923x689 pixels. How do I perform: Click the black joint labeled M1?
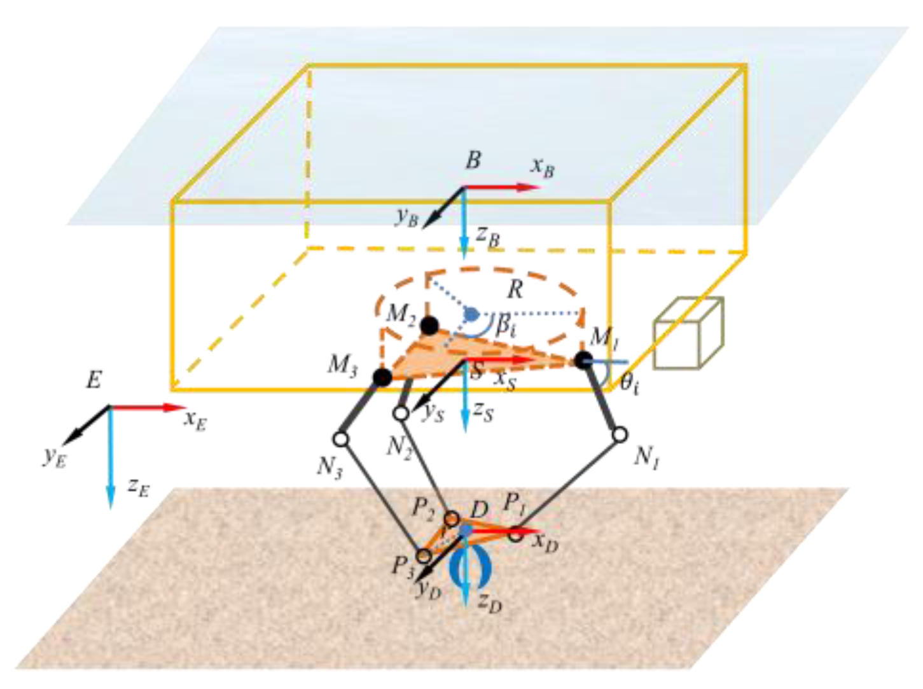[x=583, y=361]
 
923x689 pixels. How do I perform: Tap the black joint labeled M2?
[x=429, y=326]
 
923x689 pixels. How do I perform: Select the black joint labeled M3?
[x=382, y=377]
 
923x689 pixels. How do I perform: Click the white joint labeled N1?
[x=620, y=435]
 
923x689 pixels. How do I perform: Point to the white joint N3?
[x=340, y=439]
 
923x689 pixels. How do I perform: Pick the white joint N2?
[x=401, y=414]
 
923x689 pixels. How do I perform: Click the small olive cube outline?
[x=688, y=333]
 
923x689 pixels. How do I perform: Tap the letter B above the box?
[x=473, y=160]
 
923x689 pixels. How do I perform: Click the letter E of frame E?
[x=94, y=380]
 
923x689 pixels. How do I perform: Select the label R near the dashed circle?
[x=515, y=290]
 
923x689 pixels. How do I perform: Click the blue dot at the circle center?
[x=471, y=314]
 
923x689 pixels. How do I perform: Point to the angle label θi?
[x=629, y=384]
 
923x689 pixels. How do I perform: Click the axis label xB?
[x=543, y=167]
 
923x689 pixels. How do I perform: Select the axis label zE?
[x=139, y=487]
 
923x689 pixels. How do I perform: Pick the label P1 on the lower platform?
[x=515, y=504]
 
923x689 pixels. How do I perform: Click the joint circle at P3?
[x=424, y=556]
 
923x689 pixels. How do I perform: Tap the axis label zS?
[x=483, y=412]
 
